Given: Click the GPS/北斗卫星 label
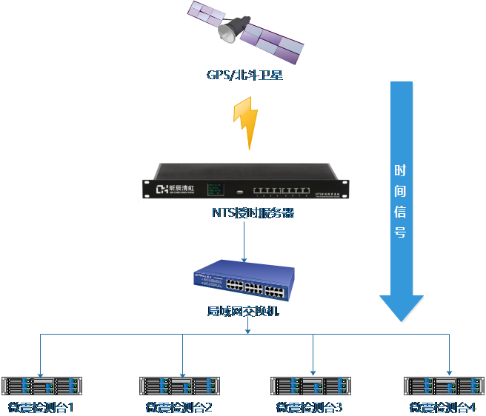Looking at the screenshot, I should (244, 75).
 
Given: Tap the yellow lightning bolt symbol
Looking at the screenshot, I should (245, 121).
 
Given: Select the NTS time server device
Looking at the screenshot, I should (244, 181).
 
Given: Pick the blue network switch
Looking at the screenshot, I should (243, 281).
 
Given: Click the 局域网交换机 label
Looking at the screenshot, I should (242, 312).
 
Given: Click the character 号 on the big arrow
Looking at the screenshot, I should (400, 232).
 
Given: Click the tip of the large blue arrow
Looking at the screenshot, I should (402, 320).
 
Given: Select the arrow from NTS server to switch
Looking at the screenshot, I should (244, 241).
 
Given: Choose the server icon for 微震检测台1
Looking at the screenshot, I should (41, 386).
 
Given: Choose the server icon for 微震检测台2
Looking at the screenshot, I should (181, 386).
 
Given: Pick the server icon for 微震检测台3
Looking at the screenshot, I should (311, 386).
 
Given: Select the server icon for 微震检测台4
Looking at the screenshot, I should (445, 386).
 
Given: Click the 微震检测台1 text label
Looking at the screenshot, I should (41, 407).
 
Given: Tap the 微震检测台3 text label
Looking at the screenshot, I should (309, 407).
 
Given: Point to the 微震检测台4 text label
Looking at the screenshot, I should (442, 407).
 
